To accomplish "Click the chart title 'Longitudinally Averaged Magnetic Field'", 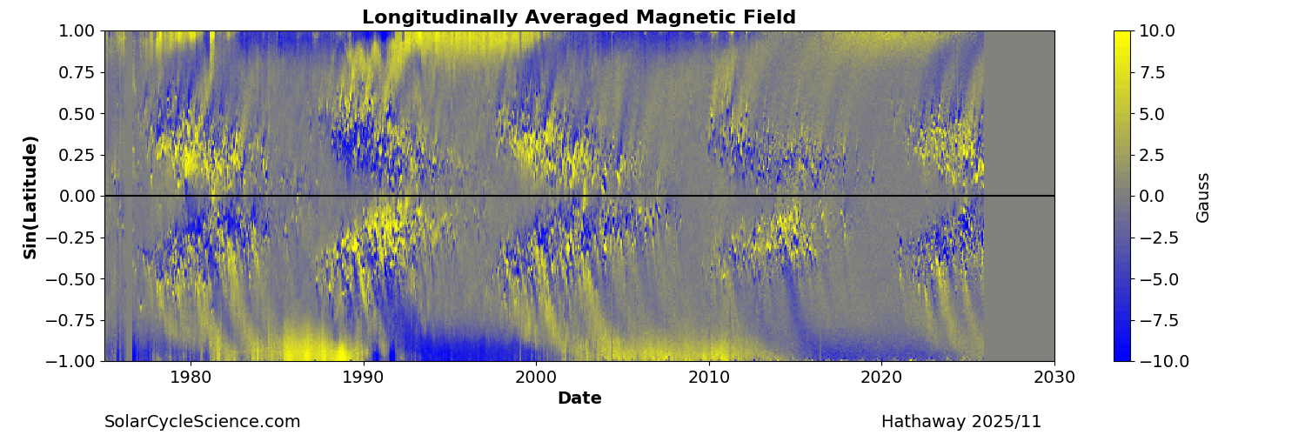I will [x=579, y=17].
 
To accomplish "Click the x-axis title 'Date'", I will [x=579, y=398].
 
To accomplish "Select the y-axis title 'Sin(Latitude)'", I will [x=30, y=197].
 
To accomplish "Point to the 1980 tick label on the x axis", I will [x=191, y=378].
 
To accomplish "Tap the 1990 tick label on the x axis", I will [x=363, y=378].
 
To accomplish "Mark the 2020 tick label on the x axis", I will [x=881, y=378].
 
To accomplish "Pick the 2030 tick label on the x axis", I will [x=1054, y=378].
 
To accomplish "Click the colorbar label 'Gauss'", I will [x=1203, y=197].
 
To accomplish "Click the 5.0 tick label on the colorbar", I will [x=1153, y=114].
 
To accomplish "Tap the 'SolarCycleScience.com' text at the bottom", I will [x=203, y=422].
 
